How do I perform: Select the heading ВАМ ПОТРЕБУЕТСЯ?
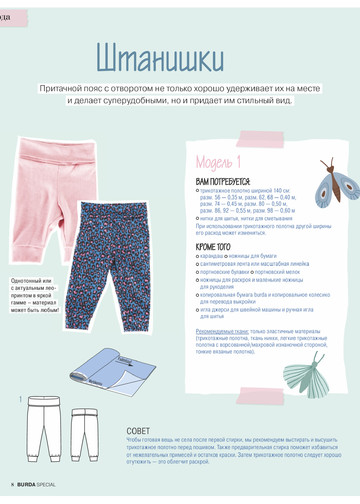coord(222,180)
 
